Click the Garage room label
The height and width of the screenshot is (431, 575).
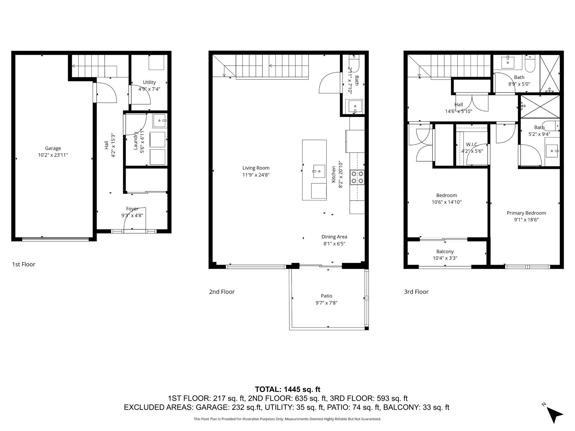point(53,148)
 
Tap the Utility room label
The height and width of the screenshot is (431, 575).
point(149,82)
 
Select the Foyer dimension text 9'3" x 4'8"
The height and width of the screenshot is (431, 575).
point(132,215)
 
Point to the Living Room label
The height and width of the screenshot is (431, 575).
point(256,168)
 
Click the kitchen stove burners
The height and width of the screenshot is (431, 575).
point(357,177)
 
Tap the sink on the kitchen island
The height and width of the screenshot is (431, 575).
point(319,171)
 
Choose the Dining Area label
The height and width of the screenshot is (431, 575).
point(334,237)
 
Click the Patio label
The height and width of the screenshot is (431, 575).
point(326,296)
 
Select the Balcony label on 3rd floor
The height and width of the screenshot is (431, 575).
point(445,251)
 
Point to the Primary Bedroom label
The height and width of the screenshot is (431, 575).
point(526,213)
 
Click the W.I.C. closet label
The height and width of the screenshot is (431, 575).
point(472,145)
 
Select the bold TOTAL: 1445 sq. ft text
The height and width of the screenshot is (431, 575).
point(287,389)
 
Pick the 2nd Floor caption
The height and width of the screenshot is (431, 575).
point(222,292)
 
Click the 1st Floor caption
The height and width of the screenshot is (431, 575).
point(24,264)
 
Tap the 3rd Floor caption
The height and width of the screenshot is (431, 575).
point(416,292)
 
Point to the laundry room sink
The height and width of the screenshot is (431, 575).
point(160,121)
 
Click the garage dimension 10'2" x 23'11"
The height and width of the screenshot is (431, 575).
point(53,155)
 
